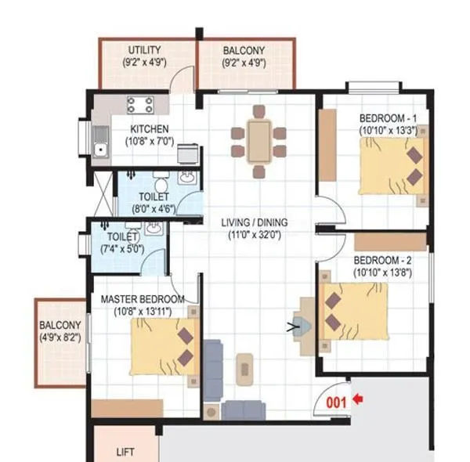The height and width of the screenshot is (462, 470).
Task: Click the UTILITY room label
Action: coord(144,51)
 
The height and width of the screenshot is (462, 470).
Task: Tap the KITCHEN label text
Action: coord(150,129)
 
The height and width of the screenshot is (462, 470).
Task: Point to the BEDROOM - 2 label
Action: coord(383,260)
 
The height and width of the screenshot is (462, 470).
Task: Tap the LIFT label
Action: coord(125,452)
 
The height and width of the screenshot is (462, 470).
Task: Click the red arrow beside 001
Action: coord(359,399)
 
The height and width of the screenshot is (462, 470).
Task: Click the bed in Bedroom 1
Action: coord(392,165)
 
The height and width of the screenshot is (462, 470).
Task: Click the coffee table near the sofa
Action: coord(246,366)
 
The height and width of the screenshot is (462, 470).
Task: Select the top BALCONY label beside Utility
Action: coord(244,51)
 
